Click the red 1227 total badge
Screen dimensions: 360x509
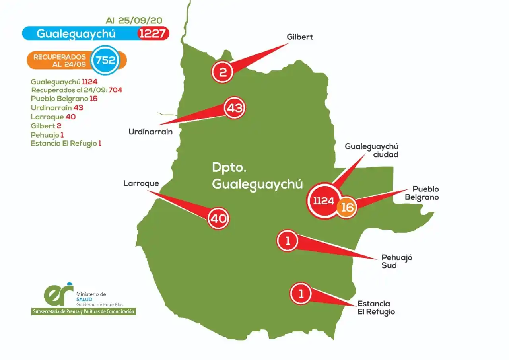(153, 33)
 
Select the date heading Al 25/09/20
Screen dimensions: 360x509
(134, 20)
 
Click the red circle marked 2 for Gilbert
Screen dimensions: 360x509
(223, 72)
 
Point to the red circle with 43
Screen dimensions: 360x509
(235, 108)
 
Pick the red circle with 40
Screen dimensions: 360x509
(218, 218)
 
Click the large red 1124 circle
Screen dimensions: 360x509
(323, 201)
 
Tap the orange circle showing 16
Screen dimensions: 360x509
(347, 207)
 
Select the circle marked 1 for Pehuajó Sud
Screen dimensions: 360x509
(288, 240)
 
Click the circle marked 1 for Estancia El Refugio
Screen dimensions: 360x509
(301, 294)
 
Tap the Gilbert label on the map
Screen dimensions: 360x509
(300, 37)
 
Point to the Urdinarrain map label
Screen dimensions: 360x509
(150, 131)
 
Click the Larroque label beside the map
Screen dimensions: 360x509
(141, 183)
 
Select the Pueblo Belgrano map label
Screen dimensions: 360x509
(425, 193)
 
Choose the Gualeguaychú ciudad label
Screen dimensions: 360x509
(371, 150)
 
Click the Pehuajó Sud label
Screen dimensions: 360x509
(396, 261)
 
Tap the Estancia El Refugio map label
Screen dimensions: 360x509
(376, 307)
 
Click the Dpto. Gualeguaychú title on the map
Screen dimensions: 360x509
(257, 176)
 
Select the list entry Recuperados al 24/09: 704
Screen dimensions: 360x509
(76, 90)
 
